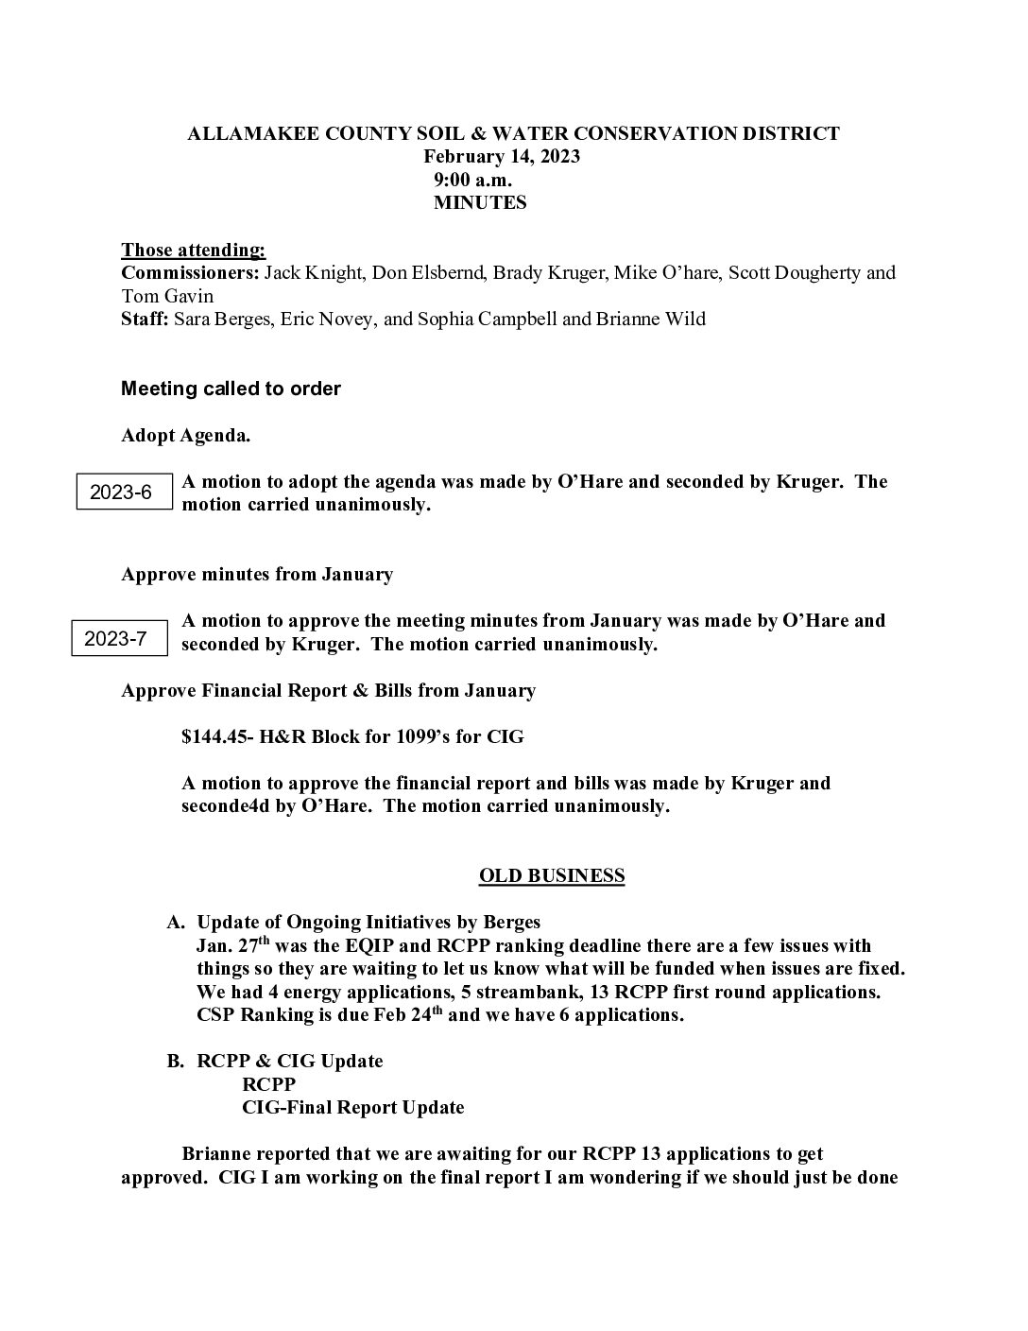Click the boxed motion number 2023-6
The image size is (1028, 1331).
point(121,493)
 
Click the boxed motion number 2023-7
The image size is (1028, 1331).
point(116,638)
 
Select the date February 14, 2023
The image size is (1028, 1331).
point(501,157)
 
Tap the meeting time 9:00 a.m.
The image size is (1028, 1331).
point(473,180)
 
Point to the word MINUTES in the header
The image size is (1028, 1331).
point(480,202)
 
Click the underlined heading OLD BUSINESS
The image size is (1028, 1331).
point(552,875)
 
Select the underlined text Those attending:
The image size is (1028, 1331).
point(194,251)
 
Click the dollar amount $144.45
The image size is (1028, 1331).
point(213,736)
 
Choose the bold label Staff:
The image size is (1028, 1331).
point(145,319)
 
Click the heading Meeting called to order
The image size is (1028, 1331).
point(231,389)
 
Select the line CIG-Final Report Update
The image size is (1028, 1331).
point(353,1107)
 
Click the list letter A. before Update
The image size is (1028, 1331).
point(176,922)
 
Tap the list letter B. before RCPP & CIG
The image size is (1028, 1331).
point(176,1061)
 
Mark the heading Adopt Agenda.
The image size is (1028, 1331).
point(186,436)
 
